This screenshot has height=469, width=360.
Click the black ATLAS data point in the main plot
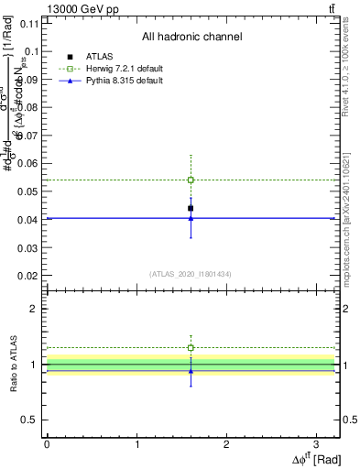tap(191, 208)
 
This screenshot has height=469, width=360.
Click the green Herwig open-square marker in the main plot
tap(191, 180)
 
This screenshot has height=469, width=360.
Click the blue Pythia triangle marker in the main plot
tap(191, 218)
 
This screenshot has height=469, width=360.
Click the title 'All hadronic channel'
tap(191, 38)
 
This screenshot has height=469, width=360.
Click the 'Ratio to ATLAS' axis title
tap(12, 365)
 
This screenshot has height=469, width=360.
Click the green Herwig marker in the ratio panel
tap(191, 348)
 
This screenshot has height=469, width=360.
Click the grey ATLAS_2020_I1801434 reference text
tap(191, 274)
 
